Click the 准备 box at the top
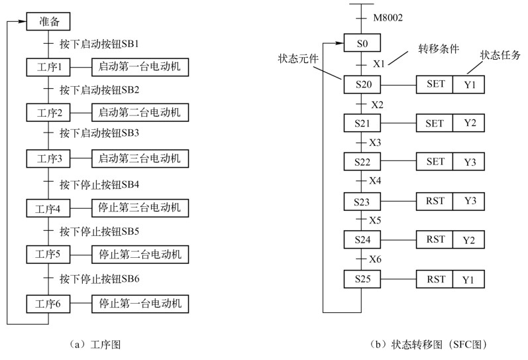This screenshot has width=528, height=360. pos(48,22)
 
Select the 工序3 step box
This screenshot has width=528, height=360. pos(48,159)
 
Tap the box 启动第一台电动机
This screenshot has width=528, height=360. pos(139,67)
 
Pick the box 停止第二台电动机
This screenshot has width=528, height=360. pos(139,255)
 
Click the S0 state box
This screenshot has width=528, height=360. pos(362,44)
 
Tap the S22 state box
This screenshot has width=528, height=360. pos(362,162)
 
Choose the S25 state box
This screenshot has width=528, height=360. pos(362,278)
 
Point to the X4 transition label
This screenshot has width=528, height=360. pos(376,180)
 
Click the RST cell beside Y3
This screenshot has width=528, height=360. pos(435,200)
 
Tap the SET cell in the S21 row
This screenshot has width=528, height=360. pos(435,123)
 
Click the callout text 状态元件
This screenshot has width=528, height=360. pos(298,58)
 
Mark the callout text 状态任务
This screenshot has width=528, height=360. pos(500,54)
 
